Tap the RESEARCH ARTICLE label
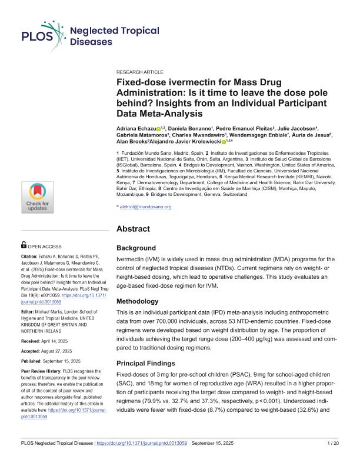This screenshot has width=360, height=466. coord(140,71)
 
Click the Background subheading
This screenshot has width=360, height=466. coord(136,248)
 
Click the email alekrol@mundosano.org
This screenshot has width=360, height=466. coord(146,207)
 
